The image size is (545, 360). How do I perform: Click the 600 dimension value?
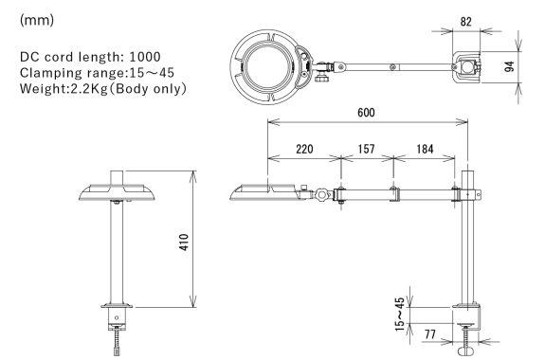(366, 113)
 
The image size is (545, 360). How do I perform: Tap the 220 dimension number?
(304, 149)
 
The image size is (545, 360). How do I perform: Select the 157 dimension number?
(367, 149)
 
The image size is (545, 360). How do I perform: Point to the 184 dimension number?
(425, 149)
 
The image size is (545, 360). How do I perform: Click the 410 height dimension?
(184, 242)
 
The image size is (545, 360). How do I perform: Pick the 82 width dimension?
(466, 22)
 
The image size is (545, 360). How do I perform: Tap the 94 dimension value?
(509, 66)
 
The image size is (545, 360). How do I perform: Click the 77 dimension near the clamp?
(430, 334)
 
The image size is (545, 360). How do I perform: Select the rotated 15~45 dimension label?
(400, 315)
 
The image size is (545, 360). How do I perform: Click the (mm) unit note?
(37, 20)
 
